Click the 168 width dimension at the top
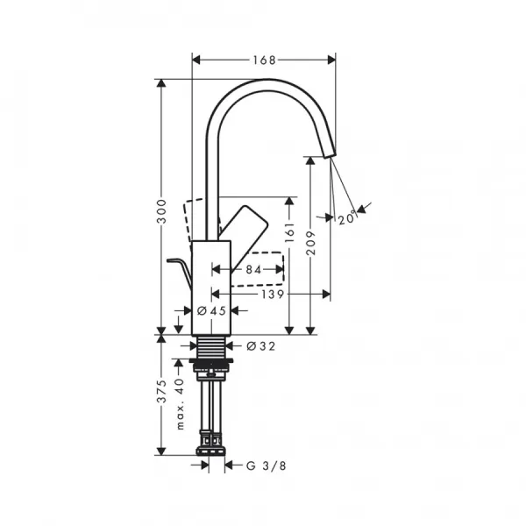[x=263, y=60]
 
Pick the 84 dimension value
[x=254, y=270]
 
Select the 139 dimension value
[x=272, y=295]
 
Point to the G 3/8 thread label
[x=266, y=466]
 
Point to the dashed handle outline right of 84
[x=279, y=267]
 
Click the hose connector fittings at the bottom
[x=210, y=443]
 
